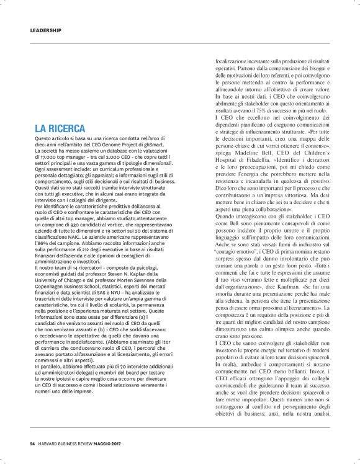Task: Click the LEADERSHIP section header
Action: [x=46, y=30]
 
